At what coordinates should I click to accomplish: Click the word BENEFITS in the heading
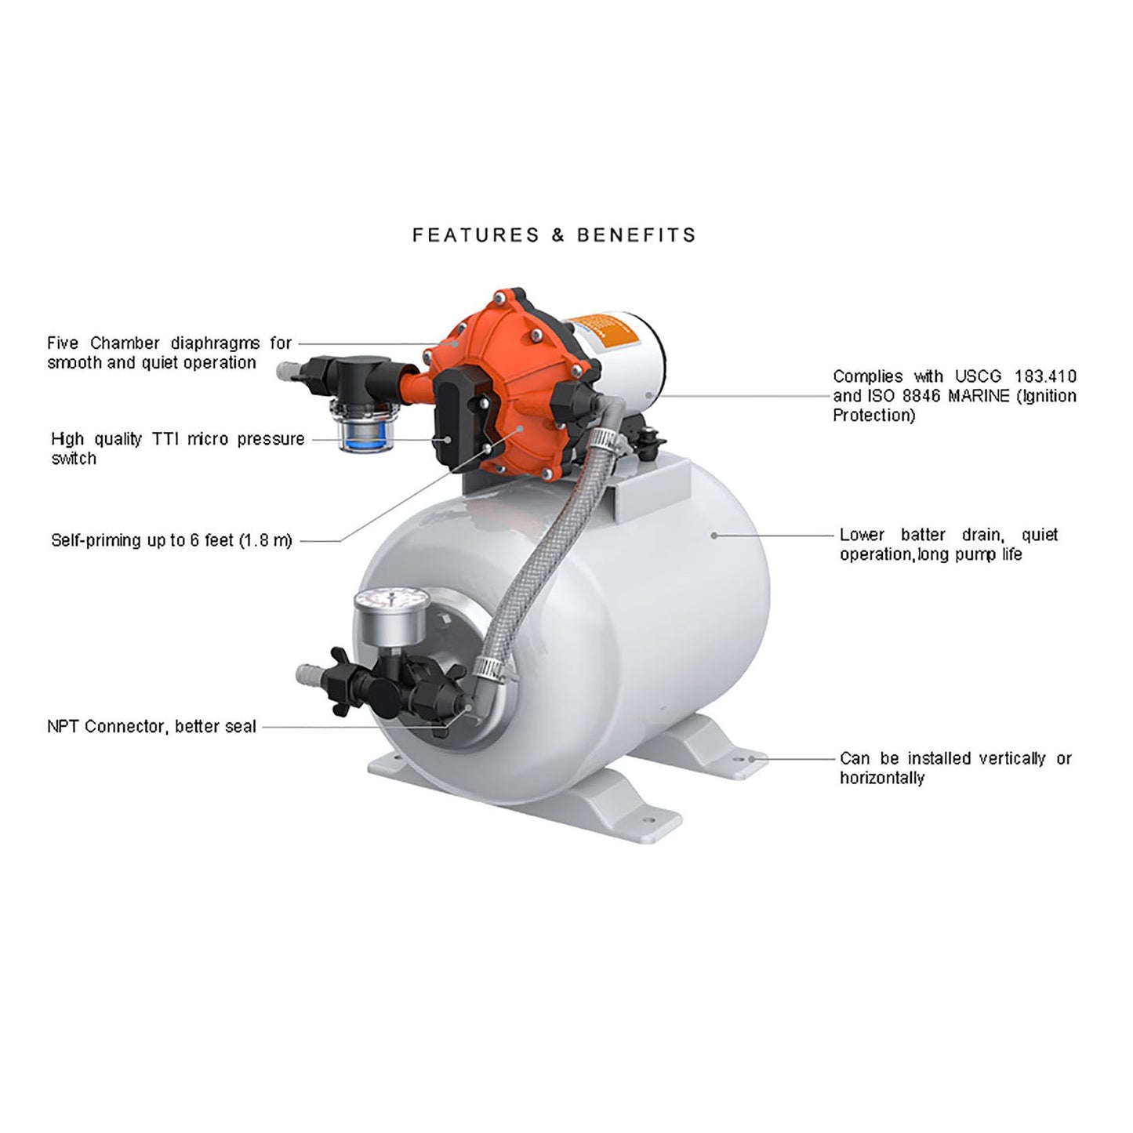[x=637, y=235]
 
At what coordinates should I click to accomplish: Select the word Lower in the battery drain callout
[x=862, y=535]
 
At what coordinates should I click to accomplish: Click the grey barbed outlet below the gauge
[x=309, y=674]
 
